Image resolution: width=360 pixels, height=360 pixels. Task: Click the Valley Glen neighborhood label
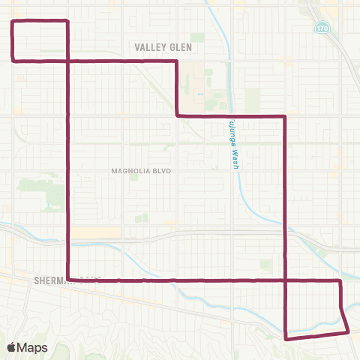(x=163, y=47)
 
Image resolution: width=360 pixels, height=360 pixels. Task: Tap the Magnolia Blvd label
(x=142, y=171)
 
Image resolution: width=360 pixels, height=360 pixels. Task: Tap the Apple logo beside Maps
(x=11, y=347)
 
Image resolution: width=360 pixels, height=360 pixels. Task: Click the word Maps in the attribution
(x=32, y=347)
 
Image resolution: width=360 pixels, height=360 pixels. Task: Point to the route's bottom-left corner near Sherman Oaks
(x=68, y=280)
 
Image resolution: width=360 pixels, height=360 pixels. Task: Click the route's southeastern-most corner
(x=348, y=331)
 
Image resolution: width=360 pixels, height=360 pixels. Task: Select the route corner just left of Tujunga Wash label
(x=177, y=115)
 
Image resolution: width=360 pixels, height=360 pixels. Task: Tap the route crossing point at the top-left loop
(x=68, y=59)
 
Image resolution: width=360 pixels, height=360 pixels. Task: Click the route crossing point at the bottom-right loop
(x=286, y=280)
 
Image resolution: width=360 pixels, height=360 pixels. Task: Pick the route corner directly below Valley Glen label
(x=176, y=61)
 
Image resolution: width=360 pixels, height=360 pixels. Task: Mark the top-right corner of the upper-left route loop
(x=68, y=21)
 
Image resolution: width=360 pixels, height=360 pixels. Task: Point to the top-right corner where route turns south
(x=286, y=116)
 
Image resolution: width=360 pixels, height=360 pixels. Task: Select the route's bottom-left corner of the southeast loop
(x=286, y=338)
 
